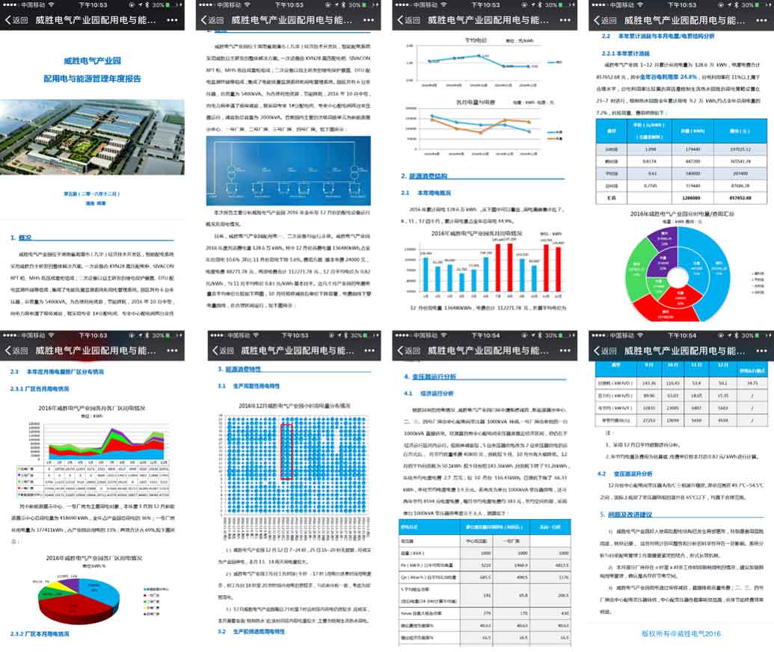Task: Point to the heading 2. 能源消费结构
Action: pyautogui.click(x=426, y=176)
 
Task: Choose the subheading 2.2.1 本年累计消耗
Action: pyautogui.click(x=626, y=54)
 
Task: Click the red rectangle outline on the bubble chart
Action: pyautogui.click(x=285, y=451)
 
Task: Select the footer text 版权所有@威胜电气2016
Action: pyautogui.click(x=681, y=633)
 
